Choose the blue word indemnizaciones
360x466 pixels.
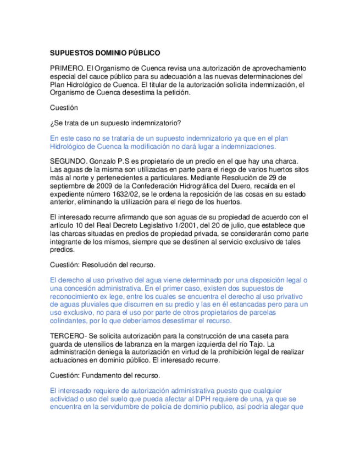point(247,147)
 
